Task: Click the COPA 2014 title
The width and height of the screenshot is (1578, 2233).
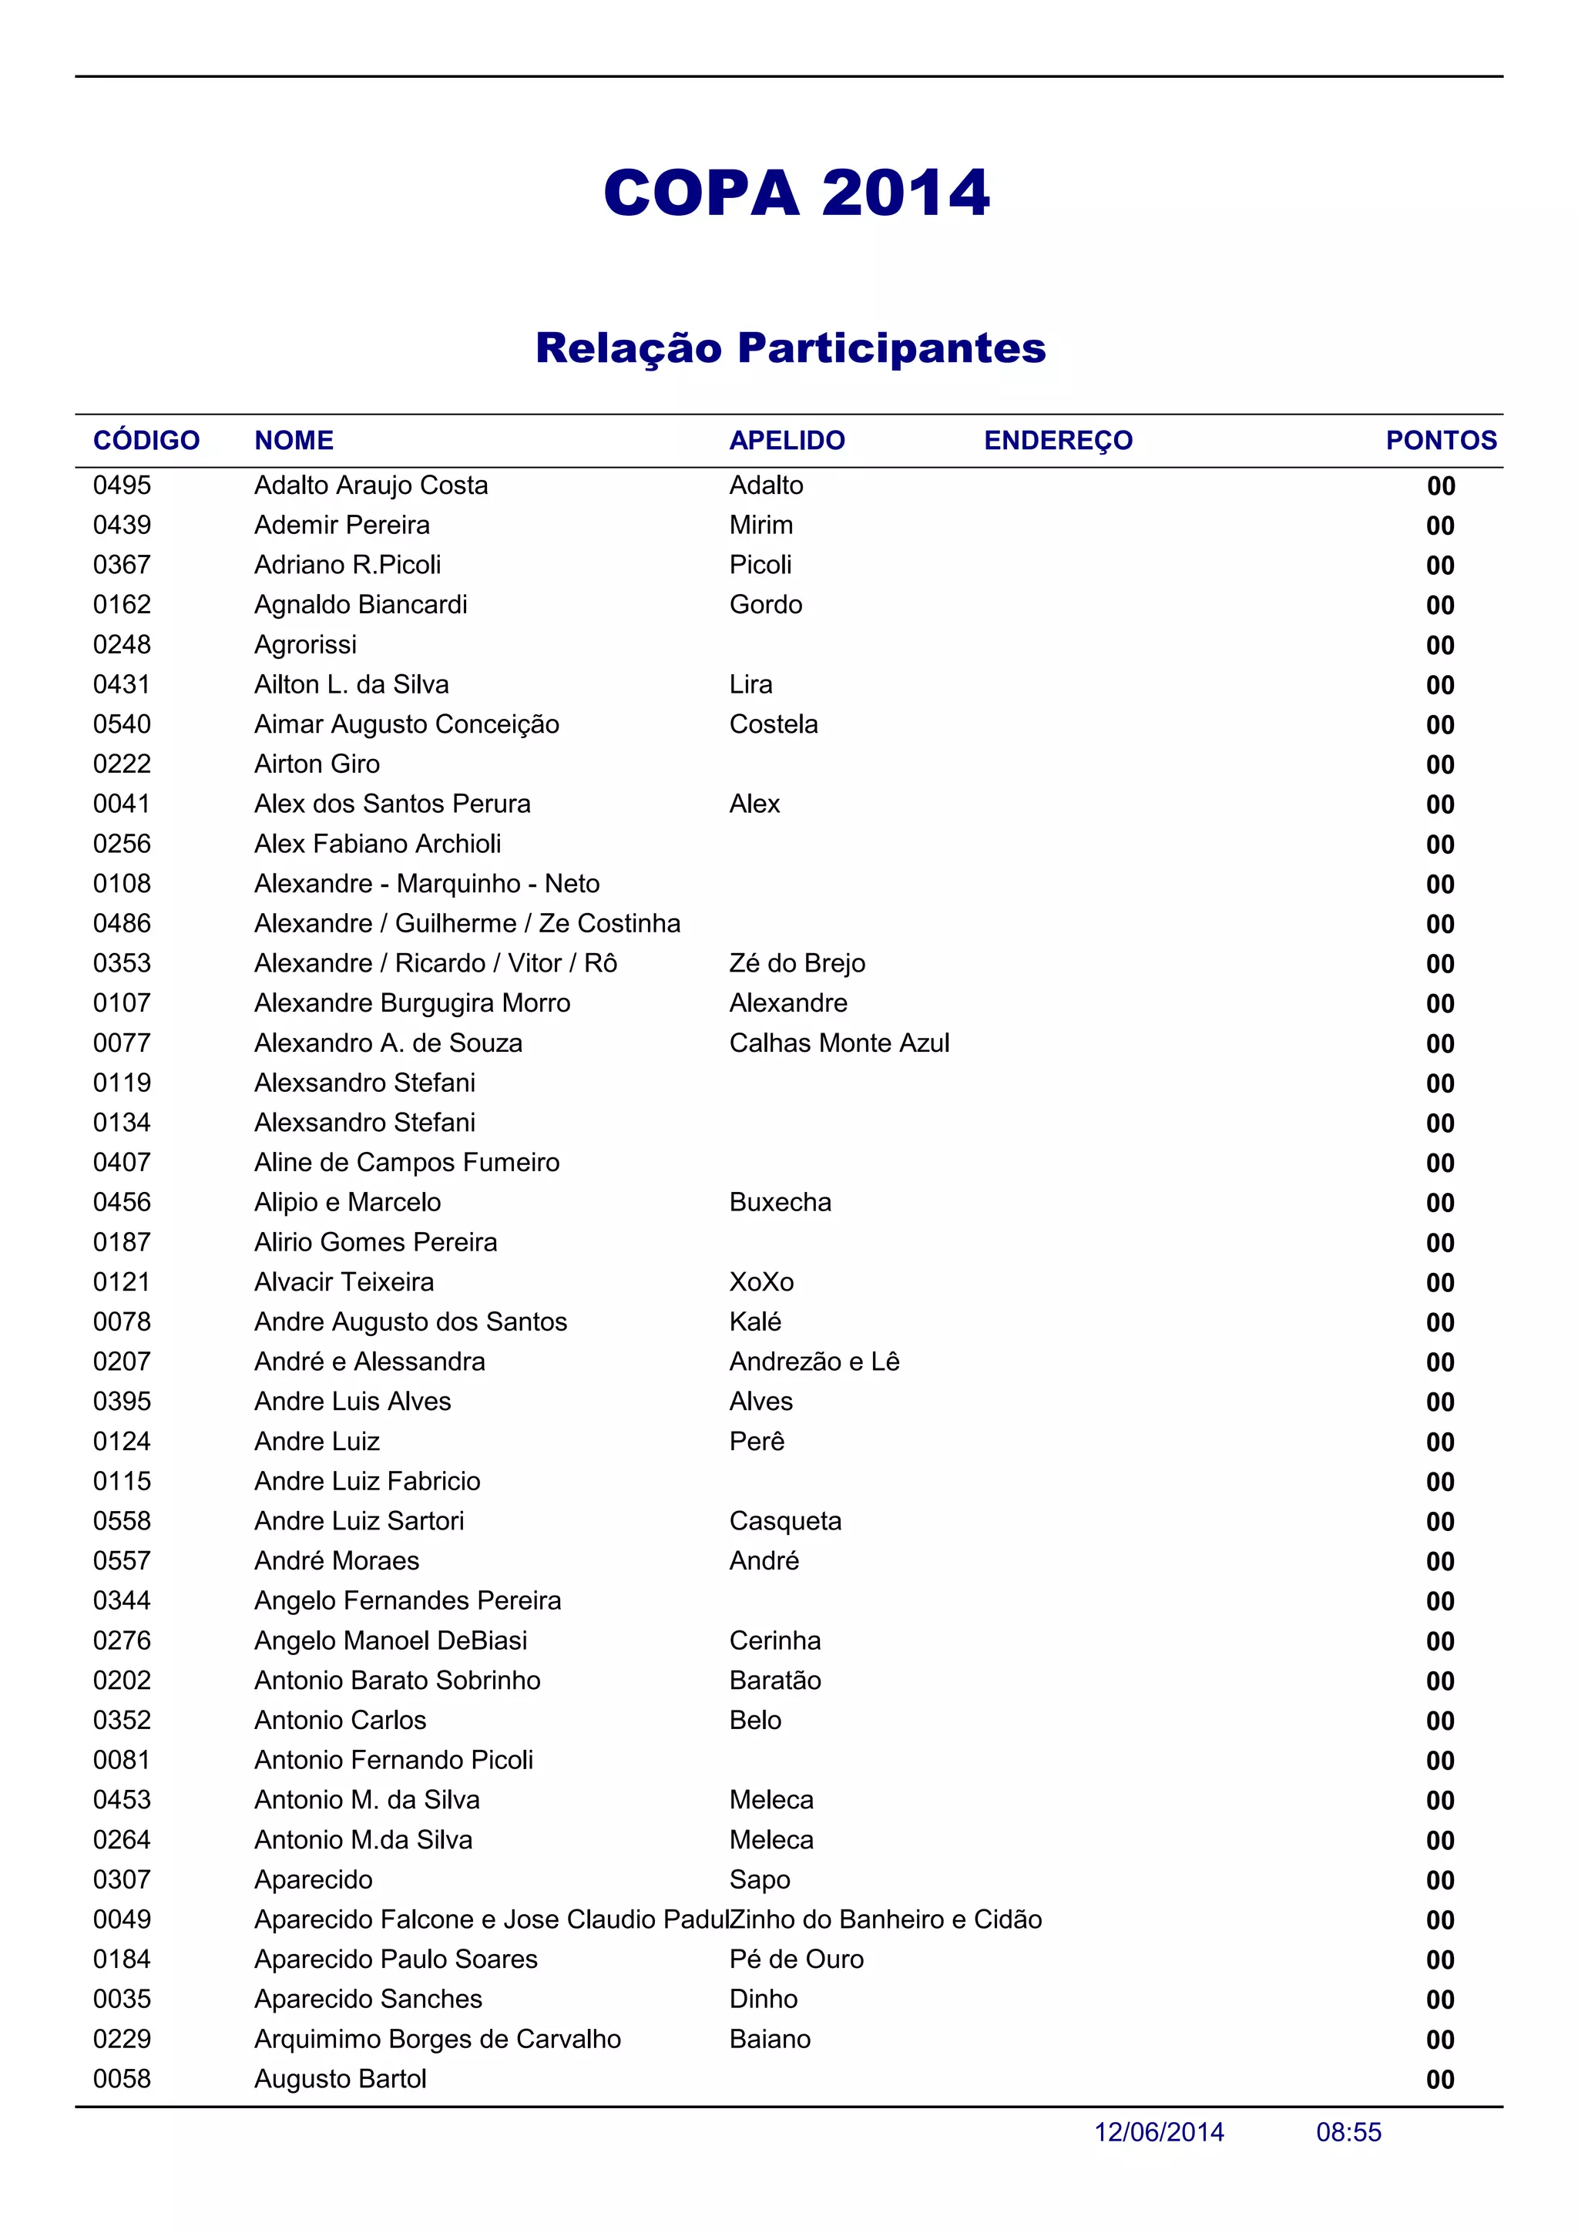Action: pyautogui.click(x=796, y=193)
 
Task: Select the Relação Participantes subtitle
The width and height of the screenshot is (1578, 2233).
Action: pyautogui.click(x=790, y=348)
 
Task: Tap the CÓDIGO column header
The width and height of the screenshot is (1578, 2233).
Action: pyautogui.click(x=146, y=441)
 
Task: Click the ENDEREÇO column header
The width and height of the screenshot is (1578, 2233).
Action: pyautogui.click(x=1058, y=441)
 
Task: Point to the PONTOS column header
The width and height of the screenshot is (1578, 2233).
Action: pyautogui.click(x=1440, y=441)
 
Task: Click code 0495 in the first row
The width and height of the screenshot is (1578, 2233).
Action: pyautogui.click(x=122, y=485)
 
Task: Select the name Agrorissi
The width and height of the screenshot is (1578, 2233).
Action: pyautogui.click(x=305, y=645)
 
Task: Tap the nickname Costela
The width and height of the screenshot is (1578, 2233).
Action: pyautogui.click(x=773, y=724)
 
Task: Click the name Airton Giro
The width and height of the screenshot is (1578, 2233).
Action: pyautogui.click(x=317, y=764)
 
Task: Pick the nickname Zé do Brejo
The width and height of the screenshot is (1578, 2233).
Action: pyautogui.click(x=796, y=964)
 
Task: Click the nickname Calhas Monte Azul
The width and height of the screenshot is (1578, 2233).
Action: pyautogui.click(x=839, y=1043)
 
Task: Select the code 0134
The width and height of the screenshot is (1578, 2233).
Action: pyautogui.click(x=122, y=1123)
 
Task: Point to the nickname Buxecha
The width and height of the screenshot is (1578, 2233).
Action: pyautogui.click(x=780, y=1203)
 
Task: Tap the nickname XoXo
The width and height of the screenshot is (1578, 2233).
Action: pyautogui.click(x=761, y=1283)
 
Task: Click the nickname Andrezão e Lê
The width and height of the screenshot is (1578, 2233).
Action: pyautogui.click(x=814, y=1362)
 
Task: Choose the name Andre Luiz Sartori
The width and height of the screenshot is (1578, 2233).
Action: pyautogui.click(x=359, y=1521)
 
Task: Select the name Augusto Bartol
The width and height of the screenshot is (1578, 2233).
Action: pyautogui.click(x=341, y=2080)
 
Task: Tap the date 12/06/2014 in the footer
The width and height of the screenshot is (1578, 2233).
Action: pyautogui.click(x=1159, y=2133)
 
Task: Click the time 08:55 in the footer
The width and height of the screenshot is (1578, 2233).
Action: pyautogui.click(x=1348, y=2133)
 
